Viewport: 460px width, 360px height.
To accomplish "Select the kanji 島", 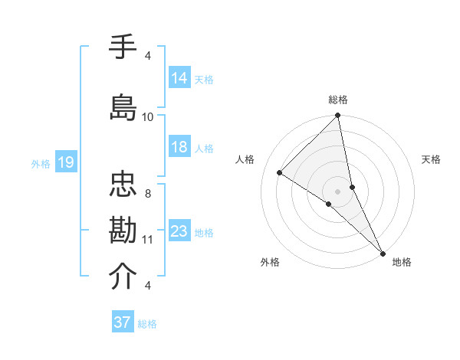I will click(123, 106).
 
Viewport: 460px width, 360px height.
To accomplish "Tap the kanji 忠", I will click(123, 186).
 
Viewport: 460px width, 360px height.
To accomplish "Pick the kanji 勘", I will click(123, 231).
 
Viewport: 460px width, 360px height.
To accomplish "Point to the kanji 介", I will click(123, 277).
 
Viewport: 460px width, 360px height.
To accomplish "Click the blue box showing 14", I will click(179, 78).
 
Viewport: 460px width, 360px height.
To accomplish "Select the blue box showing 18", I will click(179, 147).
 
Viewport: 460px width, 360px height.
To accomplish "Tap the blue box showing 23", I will click(179, 231).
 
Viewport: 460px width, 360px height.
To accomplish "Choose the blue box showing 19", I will click(65, 162).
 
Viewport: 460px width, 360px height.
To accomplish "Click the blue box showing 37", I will click(123, 322).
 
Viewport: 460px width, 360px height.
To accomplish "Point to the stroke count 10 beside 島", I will click(148, 117).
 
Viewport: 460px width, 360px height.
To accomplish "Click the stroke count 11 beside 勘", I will click(148, 240).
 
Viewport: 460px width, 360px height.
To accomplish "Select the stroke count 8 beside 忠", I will click(148, 194).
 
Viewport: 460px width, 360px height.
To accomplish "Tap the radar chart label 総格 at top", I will click(338, 100).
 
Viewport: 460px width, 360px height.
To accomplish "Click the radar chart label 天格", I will click(431, 159).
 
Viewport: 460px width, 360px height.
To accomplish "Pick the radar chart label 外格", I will click(270, 262).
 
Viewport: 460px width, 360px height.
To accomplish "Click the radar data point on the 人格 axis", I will click(280, 173).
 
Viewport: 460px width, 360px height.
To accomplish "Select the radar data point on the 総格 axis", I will click(338, 116).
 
